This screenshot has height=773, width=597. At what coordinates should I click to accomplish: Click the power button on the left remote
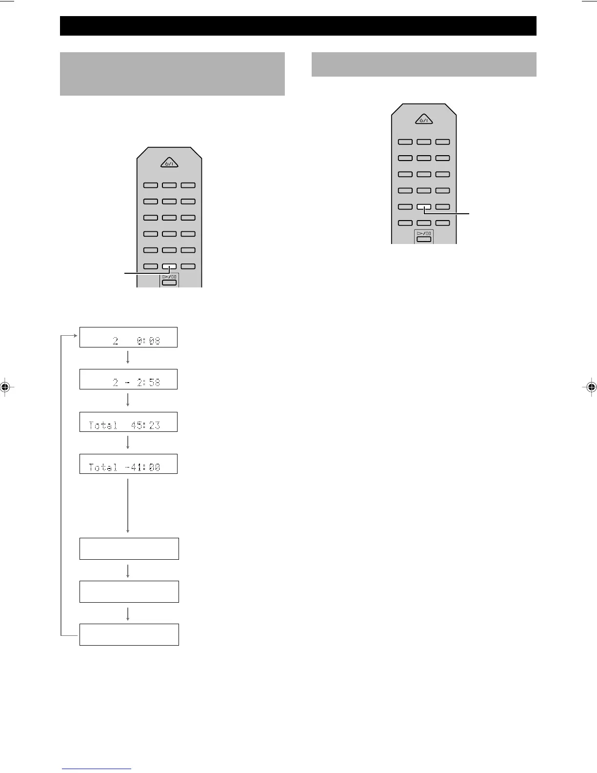(169, 163)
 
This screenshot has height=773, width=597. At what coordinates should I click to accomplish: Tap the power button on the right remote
(424, 120)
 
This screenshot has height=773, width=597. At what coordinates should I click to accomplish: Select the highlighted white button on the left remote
(169, 267)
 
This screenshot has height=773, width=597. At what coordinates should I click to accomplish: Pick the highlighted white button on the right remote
(424, 207)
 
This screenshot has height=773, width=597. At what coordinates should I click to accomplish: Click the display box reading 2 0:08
(128, 337)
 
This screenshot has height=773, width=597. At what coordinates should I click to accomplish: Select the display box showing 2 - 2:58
(128, 379)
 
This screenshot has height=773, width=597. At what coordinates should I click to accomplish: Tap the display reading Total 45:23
(128, 422)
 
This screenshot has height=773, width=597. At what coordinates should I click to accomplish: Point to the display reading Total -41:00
(128, 464)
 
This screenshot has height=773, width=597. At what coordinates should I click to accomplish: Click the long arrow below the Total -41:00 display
(128, 506)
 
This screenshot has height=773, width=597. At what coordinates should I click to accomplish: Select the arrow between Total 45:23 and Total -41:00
(128, 443)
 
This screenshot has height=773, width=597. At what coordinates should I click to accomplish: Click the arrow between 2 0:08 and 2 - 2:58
(128, 358)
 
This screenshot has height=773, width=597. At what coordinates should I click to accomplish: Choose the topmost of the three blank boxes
(129, 549)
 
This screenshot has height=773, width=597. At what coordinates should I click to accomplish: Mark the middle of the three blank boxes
(129, 591)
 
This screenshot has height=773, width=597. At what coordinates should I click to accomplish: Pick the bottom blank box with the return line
(129, 634)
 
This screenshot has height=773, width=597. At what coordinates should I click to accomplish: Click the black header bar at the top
(298, 26)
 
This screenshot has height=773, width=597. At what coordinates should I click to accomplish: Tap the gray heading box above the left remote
(172, 74)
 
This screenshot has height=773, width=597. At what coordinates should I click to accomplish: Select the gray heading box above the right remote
(424, 64)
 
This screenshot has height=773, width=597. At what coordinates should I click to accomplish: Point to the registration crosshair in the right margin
(591, 387)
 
